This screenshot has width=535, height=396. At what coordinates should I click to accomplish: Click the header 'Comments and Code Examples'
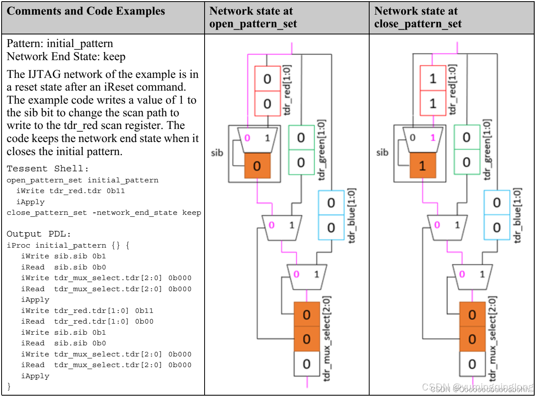coord(86,11)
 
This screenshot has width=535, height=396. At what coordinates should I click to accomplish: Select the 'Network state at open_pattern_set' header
coord(253,17)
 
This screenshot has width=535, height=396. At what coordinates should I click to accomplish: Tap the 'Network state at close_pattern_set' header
coord(418,17)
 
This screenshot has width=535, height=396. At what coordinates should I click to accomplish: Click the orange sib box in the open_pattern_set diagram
coord(257,166)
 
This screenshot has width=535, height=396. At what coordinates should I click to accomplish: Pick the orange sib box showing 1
coord(422,166)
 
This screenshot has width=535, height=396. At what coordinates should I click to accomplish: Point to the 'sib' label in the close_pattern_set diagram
coord(382,152)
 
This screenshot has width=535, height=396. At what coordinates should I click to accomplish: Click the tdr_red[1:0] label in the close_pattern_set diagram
coord(452,90)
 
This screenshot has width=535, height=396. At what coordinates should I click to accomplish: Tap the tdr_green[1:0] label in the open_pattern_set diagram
coord(321,150)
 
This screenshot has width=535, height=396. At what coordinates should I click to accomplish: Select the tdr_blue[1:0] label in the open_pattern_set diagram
coord(351,216)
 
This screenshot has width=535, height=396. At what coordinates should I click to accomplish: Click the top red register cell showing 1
coord(433,78)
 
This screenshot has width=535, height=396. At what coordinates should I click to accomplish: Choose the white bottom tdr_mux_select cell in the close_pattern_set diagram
coord(472,364)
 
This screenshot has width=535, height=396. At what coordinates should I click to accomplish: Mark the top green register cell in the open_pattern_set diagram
coord(301,137)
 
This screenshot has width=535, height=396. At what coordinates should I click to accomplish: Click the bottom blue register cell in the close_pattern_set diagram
coord(497,227)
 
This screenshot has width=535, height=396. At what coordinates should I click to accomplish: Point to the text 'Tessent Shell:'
coord(47,169)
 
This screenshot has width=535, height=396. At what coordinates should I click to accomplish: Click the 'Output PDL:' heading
coord(38,234)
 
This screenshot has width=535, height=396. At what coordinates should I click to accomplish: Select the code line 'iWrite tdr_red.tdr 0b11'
coord(70,191)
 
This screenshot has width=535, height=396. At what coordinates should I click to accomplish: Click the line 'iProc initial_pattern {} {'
coord(68,245)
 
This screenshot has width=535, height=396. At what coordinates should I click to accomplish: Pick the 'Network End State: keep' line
coord(66,57)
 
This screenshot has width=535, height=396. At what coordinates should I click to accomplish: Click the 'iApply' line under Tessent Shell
coord(30,202)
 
